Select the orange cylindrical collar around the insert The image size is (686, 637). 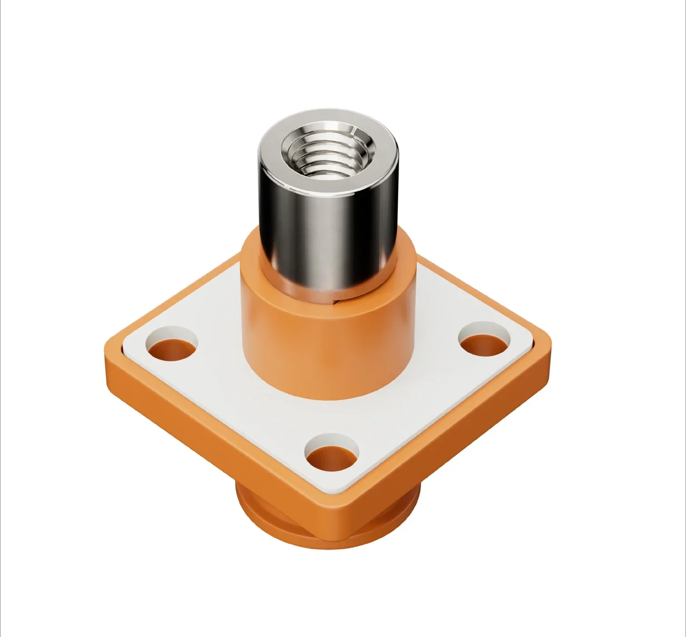click(x=327, y=346)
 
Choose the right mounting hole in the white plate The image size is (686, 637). click(x=484, y=342)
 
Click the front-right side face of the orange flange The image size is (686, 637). click(x=455, y=436)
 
